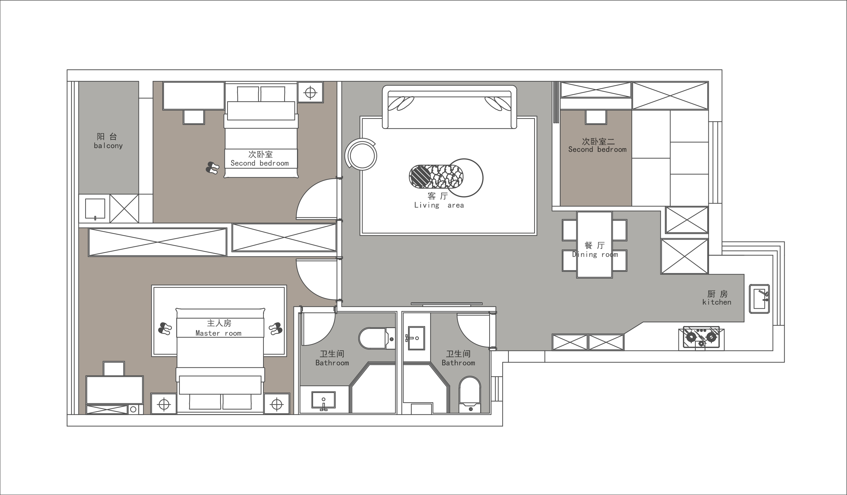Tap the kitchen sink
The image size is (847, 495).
point(759,299)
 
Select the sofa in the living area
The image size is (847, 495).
point(450,107)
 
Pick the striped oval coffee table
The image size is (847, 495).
point(436,176)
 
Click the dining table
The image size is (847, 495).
point(594,245)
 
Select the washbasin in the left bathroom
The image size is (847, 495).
point(323,401)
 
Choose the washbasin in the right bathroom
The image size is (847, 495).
point(416,338)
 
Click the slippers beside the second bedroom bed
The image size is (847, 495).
point(212,168)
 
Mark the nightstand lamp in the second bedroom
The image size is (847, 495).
point(310,92)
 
